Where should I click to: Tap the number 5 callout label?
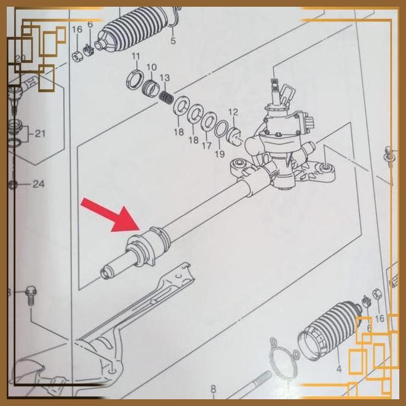(173, 41)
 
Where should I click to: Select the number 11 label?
(135, 56)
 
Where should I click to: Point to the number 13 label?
(164, 77)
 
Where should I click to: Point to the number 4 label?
(338, 369)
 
